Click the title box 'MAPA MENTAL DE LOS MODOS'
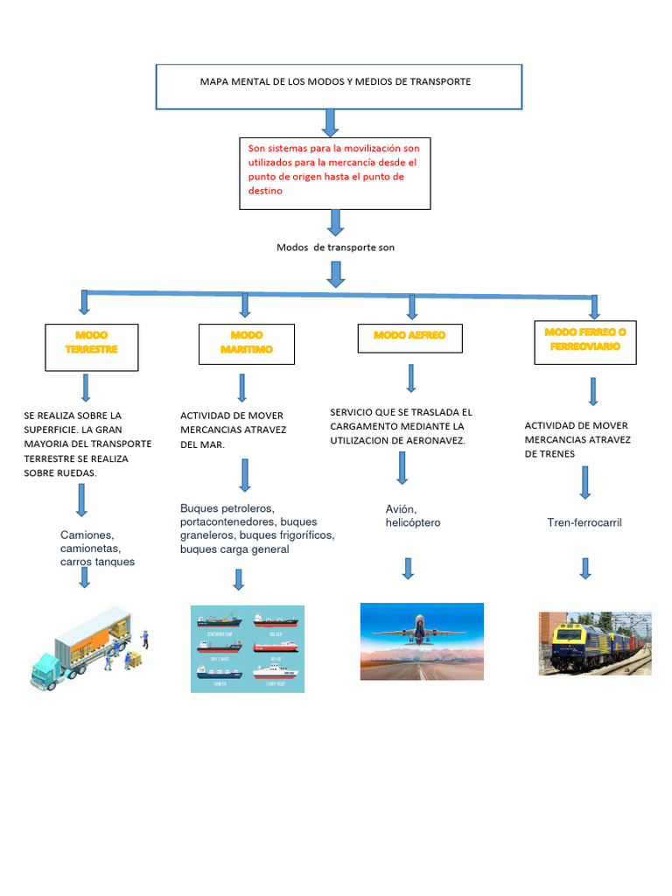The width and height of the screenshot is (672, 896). click(339, 86)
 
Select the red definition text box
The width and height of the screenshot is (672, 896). click(334, 172)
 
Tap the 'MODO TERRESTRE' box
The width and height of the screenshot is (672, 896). click(91, 346)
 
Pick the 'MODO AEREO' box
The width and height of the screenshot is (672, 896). click(409, 338)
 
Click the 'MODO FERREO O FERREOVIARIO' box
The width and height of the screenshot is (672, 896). click(584, 342)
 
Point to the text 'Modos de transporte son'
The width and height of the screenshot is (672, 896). click(335, 248)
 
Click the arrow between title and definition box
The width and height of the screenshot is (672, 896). click(330, 122)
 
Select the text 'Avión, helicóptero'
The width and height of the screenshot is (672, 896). click(413, 516)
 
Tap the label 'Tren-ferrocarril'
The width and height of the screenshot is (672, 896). click(584, 522)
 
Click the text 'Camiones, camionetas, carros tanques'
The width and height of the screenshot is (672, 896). click(98, 548)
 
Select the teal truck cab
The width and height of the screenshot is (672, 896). click(45, 671)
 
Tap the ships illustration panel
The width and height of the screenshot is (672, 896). click(248, 648)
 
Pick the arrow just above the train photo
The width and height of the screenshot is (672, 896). click(585, 569)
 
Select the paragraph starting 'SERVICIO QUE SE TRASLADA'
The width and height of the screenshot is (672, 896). click(402, 426)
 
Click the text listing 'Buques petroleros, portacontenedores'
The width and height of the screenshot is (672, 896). click(256, 528)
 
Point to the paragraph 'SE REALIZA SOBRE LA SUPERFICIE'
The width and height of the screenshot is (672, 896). click(87, 444)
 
